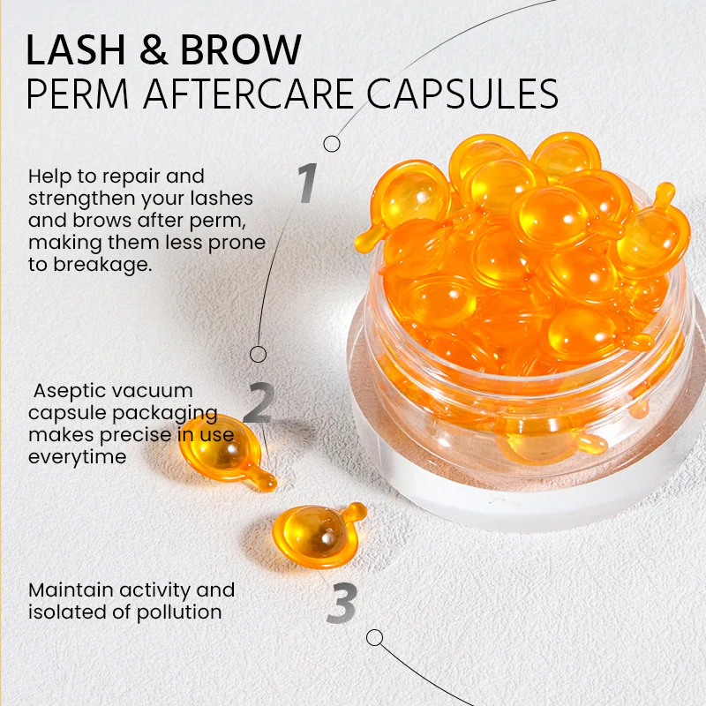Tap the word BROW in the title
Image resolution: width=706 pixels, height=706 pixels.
click(x=239, y=50)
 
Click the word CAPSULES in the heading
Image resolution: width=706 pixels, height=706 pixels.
click(x=462, y=94)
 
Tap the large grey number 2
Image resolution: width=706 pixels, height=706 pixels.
click(x=258, y=404)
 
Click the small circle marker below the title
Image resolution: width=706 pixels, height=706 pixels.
click(x=332, y=143)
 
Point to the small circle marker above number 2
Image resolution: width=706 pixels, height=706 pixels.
click(x=258, y=354)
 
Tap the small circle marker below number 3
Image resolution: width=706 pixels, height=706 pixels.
click(x=375, y=637)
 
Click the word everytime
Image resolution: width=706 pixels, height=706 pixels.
click(x=77, y=456)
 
